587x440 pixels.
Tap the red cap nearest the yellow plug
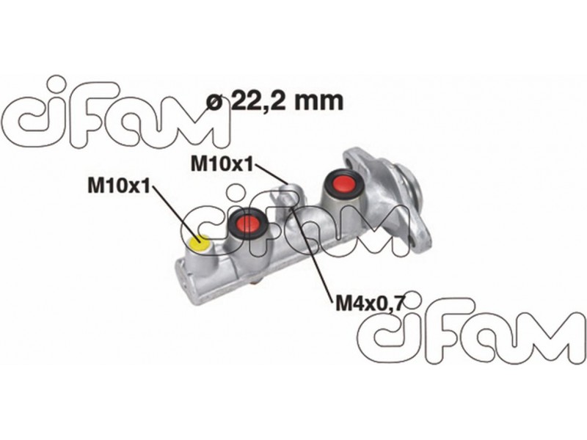[247, 224]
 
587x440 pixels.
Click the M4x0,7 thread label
[369, 303]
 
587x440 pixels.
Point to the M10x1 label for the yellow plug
[118, 186]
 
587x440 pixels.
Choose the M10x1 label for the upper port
[222, 164]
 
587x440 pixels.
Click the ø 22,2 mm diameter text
[275, 100]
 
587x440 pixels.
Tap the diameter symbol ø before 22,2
[216, 102]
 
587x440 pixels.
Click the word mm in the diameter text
[318, 102]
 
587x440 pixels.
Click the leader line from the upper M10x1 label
[271, 173]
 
